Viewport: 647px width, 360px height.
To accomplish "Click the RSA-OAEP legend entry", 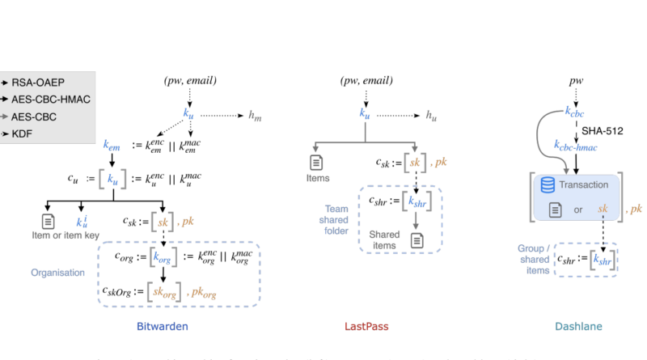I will coord(37,83).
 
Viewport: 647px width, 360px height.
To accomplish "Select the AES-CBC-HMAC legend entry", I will coord(50,99).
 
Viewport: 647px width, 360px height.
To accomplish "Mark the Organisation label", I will coord(58,273).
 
